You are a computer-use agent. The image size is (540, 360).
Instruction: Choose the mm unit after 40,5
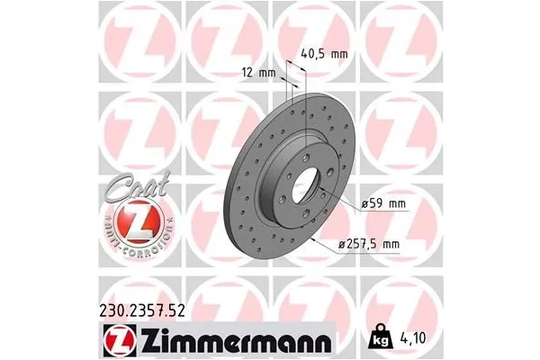[339, 53]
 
